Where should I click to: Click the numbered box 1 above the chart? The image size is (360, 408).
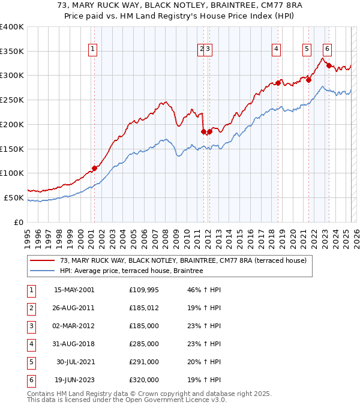click(94, 50)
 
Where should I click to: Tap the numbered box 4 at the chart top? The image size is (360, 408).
click(276, 50)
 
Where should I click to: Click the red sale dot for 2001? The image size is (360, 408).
click(94, 168)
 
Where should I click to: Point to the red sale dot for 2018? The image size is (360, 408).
click(279, 83)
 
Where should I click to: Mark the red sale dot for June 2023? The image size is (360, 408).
click(329, 65)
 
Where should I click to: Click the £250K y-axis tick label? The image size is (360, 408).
click(12, 100)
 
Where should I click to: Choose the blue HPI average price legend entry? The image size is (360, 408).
click(131, 271)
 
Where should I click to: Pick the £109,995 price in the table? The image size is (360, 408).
click(144, 290)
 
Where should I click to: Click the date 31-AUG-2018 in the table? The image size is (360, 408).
click(74, 344)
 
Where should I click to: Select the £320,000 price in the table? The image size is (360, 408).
click(144, 380)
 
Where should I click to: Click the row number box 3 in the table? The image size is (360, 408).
click(30, 326)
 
